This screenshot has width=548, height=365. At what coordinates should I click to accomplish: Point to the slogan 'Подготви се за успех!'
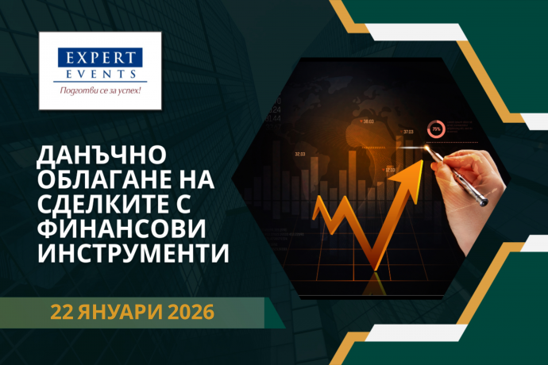point(100,90)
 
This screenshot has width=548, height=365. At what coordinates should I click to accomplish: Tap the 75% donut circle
point(436,127)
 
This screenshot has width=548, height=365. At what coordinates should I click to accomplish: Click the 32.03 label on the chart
point(300,154)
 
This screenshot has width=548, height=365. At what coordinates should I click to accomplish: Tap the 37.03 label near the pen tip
point(408,132)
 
